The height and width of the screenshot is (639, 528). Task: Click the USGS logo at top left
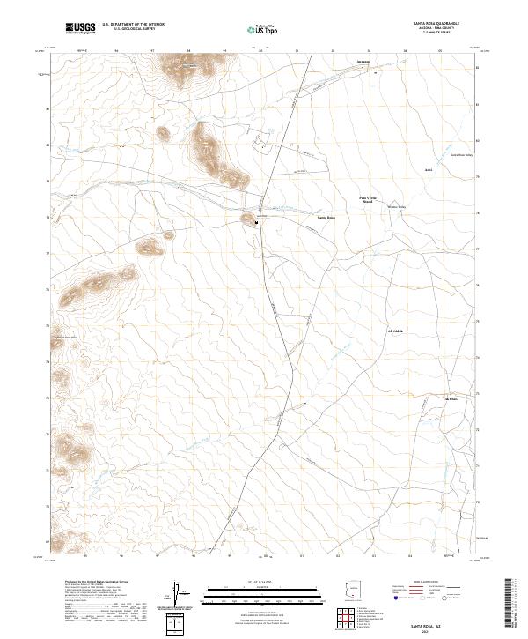(80, 28)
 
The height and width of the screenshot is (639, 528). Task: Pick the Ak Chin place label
(452, 399)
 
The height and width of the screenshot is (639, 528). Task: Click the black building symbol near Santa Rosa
(257, 223)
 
